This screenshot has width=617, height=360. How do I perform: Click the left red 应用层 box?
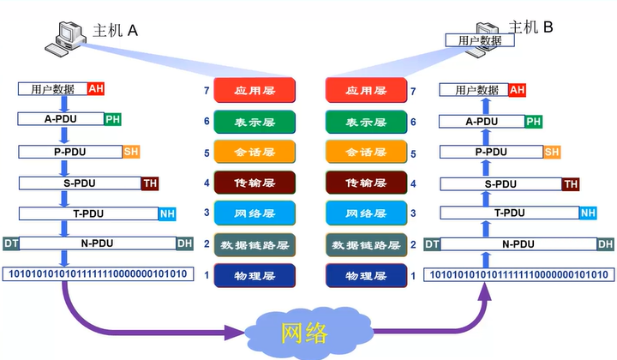coord(255,90)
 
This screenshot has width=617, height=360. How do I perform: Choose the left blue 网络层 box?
coord(255,213)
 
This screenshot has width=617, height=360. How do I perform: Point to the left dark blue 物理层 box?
coord(255,276)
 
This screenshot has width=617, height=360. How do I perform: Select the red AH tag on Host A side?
coord(95,88)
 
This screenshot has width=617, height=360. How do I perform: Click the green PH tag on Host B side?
coord(534,122)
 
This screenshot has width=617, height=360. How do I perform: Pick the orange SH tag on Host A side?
coord(131,152)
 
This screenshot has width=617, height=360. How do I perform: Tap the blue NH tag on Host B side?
coord(588,213)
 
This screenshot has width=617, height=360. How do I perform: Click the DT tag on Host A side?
coord(11,244)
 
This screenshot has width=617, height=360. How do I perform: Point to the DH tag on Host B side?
coord(605,244)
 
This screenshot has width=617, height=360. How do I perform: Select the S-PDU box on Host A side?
coord(80,183)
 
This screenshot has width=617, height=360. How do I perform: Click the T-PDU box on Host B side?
coord(510,213)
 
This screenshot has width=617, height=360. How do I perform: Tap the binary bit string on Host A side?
coord(97,275)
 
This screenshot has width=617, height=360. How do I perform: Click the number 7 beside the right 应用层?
coord(414,91)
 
